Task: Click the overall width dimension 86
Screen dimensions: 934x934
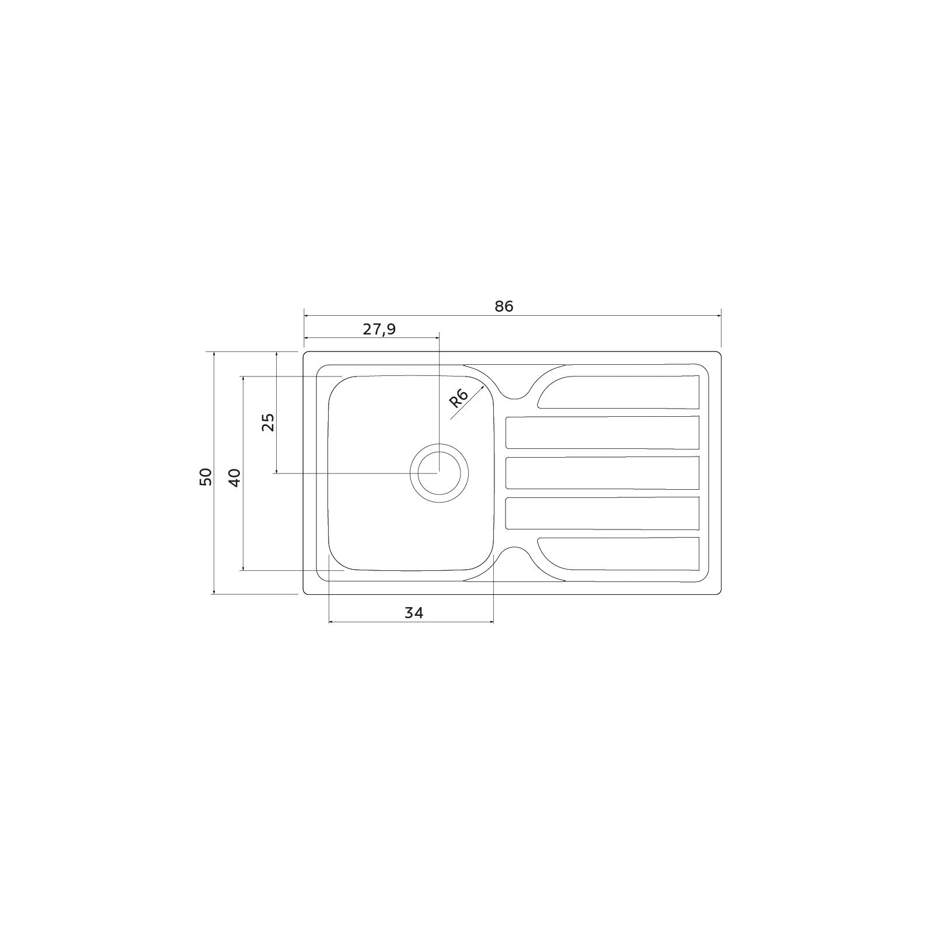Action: (504, 306)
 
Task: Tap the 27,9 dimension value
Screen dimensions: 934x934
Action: (379, 330)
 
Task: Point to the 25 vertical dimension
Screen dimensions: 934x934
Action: (267, 421)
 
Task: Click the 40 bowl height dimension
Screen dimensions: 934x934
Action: (234, 478)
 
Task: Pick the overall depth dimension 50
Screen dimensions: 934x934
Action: (205, 477)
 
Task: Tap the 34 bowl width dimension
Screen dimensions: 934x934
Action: (413, 612)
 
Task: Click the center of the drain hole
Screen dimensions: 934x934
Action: (439, 473)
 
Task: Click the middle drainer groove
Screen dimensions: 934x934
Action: (602, 473)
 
